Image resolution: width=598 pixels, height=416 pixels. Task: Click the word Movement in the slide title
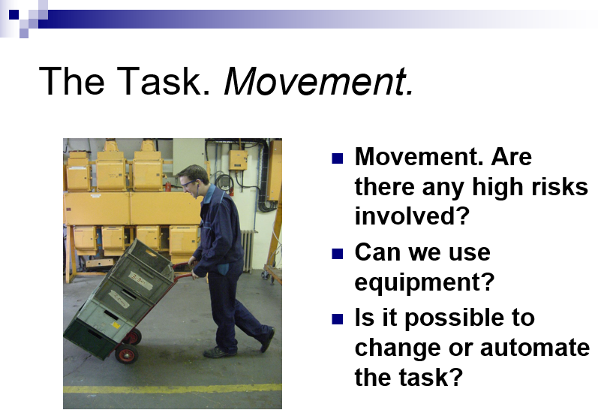pos(318,81)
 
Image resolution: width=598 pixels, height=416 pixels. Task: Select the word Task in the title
pos(163,80)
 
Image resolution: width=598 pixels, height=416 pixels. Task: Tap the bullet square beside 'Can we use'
pos(338,254)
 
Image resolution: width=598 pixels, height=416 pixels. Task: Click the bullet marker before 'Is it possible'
pos(338,319)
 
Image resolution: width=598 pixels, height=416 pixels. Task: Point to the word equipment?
pos(424,283)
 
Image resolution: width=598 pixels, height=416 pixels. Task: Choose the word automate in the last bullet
pos(535,348)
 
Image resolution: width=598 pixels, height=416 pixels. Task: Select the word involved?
pos(411,216)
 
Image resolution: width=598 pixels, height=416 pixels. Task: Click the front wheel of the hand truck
pos(127,354)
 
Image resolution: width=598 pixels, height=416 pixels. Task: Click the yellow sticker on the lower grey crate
pos(116,325)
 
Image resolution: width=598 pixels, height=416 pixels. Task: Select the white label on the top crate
pos(140,281)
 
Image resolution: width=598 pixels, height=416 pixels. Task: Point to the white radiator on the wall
pos(247,250)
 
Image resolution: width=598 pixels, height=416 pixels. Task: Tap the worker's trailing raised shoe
pos(267,339)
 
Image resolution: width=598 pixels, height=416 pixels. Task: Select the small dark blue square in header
pos(14,14)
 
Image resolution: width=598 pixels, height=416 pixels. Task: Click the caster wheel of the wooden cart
pos(264,275)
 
